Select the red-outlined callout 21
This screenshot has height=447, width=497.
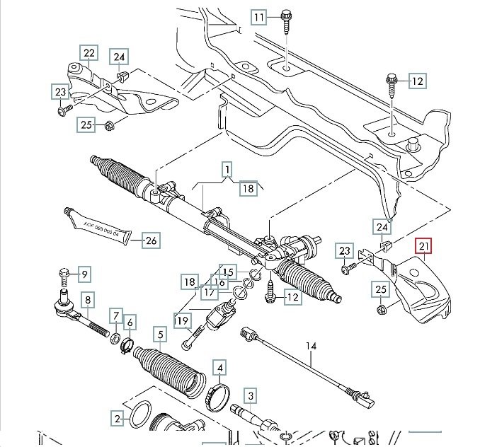coord(424,246)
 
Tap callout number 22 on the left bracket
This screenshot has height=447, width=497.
coord(88,53)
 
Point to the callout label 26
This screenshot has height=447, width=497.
coord(151,240)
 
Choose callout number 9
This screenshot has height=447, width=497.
coord(84,274)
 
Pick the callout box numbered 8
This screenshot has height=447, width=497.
coord(88,301)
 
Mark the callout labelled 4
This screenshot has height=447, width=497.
coord(221,368)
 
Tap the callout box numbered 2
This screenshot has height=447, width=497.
coord(118,419)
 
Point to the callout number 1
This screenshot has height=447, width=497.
coord(228,170)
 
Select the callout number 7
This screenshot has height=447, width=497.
coord(115,315)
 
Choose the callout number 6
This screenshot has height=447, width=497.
coord(130,323)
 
